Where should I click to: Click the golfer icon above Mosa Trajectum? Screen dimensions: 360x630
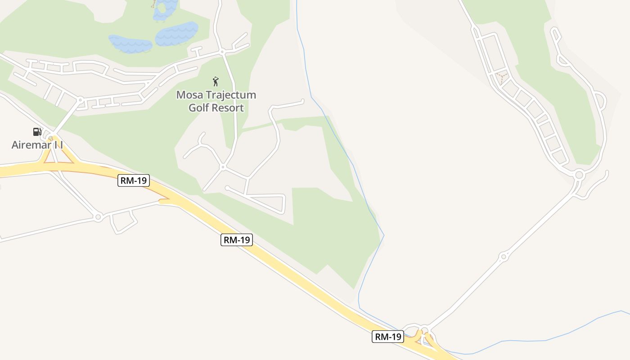pos(216,81)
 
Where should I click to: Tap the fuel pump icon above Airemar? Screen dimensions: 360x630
pos(37,131)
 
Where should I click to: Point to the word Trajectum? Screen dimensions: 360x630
pos(230,95)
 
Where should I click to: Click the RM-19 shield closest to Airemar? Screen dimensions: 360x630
pos(134,181)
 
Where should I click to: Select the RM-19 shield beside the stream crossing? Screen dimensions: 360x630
pos(387,337)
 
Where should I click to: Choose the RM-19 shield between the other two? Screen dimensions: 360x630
pos(237,240)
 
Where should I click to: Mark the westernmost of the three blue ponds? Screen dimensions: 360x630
pos(130,44)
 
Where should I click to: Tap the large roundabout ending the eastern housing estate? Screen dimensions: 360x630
pos(579,175)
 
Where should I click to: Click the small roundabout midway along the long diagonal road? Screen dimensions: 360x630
pos(503,257)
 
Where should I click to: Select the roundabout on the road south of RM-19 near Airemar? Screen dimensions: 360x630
pos(98,217)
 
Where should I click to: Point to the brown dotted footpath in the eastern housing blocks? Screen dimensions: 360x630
pos(501,78)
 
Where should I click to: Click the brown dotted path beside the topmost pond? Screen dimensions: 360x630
pos(154,4)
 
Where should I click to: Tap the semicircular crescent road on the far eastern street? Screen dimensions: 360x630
pos(601,100)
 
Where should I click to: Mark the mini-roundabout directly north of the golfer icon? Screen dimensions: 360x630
pos(222,52)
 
